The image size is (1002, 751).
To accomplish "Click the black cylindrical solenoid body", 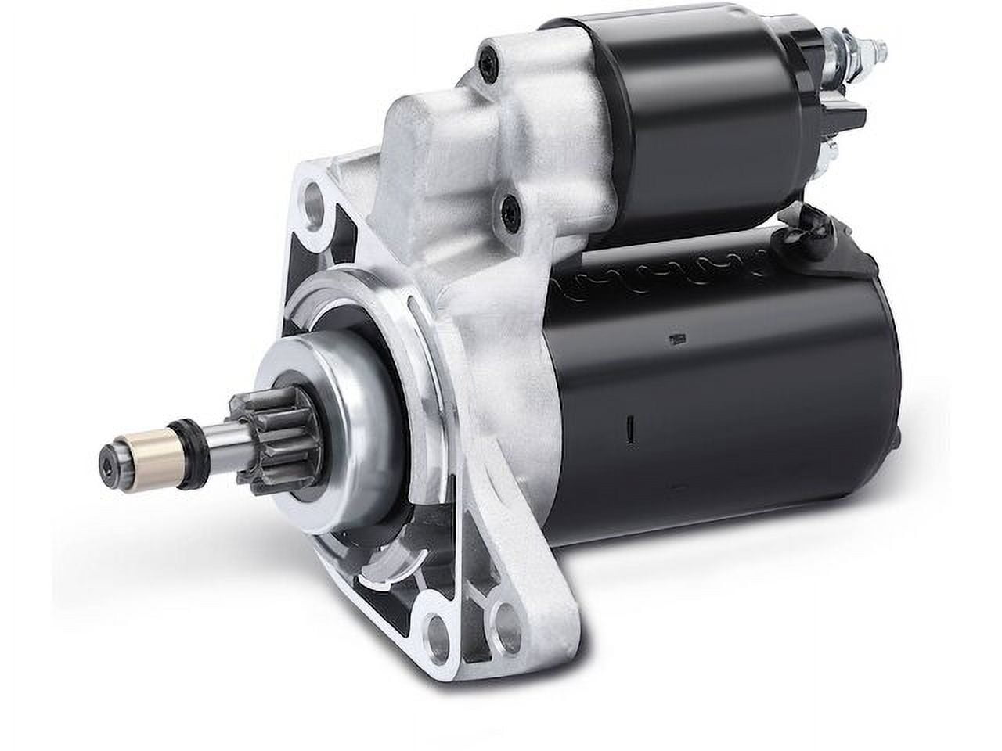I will (689, 117).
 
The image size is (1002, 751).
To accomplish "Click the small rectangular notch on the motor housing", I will (672, 338).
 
